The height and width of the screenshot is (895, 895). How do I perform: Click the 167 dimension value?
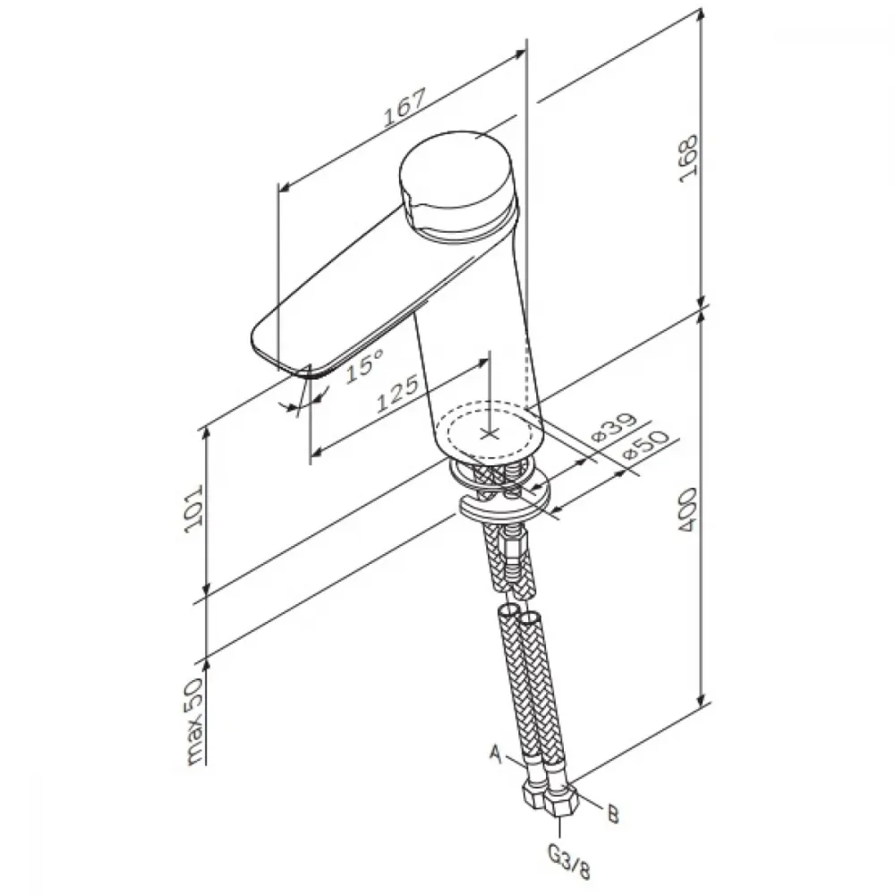tap(405, 107)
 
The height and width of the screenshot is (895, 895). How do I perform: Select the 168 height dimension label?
tap(688, 158)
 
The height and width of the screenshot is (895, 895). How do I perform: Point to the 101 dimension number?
tap(194, 509)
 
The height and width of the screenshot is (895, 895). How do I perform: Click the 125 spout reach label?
tap(398, 393)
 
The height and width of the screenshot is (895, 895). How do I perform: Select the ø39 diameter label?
tap(613, 426)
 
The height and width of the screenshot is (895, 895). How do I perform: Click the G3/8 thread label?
tap(568, 861)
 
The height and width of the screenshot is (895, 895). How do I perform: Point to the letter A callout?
tap(496, 754)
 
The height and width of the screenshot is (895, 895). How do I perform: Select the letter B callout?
tap(613, 814)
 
